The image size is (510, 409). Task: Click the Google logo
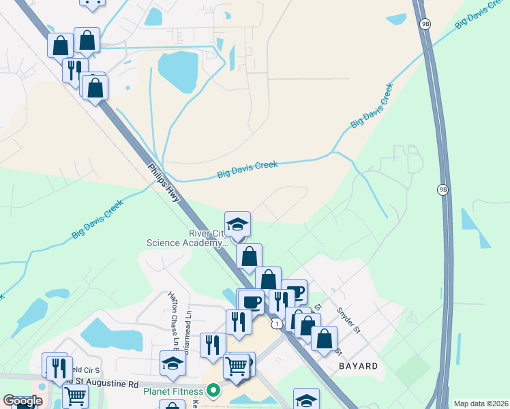click(x=22, y=401)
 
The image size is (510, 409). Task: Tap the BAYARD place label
click(x=358, y=366)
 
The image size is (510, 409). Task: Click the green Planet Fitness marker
click(x=213, y=391)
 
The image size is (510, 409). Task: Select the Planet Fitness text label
click(x=172, y=391)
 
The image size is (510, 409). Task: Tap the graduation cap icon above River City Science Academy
click(x=237, y=224)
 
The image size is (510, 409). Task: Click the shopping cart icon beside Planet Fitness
click(x=236, y=365)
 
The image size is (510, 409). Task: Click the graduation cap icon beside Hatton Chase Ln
click(x=172, y=363)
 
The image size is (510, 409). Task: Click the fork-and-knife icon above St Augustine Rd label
click(x=57, y=367)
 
